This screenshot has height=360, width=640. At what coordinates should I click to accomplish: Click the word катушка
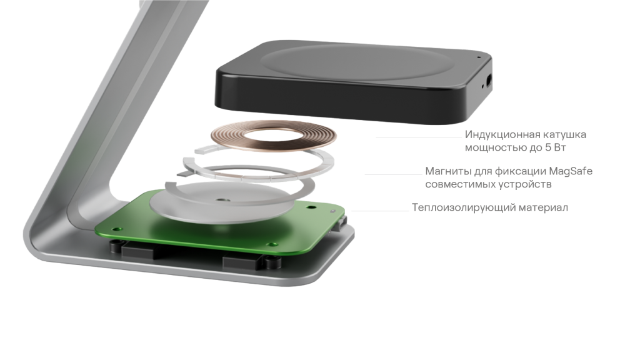[x=565, y=134]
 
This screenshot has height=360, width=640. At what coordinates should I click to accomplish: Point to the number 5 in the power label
[x=549, y=147]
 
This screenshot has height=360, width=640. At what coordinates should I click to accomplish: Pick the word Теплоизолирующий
[x=463, y=207]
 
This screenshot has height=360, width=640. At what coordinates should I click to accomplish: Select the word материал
[x=543, y=207]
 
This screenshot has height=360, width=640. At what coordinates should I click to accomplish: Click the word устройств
[x=524, y=184]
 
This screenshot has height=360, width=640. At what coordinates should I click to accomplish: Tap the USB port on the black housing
[x=489, y=81]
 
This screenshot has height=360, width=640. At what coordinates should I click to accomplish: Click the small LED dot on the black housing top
[x=479, y=57]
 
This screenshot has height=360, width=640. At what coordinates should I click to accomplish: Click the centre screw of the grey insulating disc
[x=222, y=200]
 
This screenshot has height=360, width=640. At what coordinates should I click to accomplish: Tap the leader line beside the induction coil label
[x=418, y=138]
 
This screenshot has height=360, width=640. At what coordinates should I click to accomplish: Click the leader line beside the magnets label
[x=394, y=175]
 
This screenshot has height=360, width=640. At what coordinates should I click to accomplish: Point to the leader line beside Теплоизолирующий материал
[x=379, y=211]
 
